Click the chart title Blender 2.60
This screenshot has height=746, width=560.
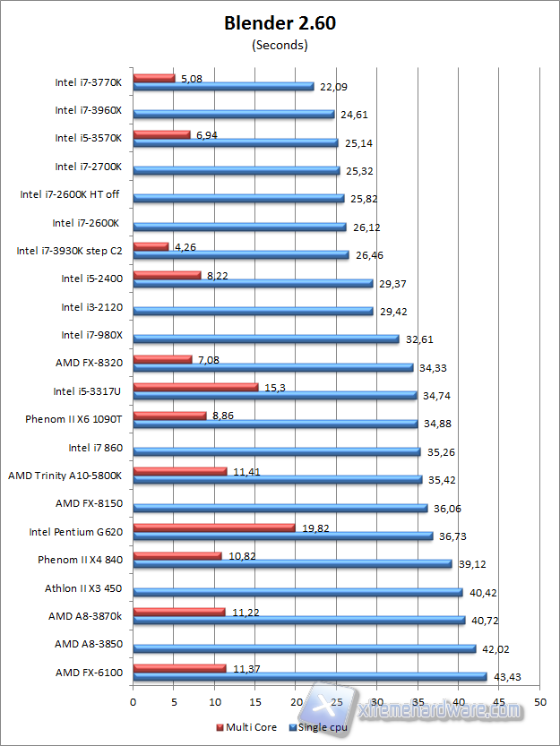click(280, 23)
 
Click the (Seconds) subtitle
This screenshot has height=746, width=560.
click(280, 44)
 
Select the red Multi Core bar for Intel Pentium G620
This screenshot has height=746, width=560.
click(213, 527)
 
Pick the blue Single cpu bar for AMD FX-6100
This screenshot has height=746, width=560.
click(309, 676)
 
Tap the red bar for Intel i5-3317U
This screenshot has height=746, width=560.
click(195, 387)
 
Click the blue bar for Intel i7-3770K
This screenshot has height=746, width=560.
click(223, 86)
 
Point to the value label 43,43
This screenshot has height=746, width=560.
click(508, 675)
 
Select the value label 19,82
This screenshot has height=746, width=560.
click(315, 527)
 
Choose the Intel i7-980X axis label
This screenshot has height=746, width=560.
click(92, 336)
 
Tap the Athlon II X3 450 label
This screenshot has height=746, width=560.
click(83, 589)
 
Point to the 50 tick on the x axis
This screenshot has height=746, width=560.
click(538, 703)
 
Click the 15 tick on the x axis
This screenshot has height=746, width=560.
click(254, 703)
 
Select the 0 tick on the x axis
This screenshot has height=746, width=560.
click(133, 703)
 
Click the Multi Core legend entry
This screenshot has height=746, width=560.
click(246, 727)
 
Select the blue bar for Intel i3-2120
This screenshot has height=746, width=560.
click(253, 312)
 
